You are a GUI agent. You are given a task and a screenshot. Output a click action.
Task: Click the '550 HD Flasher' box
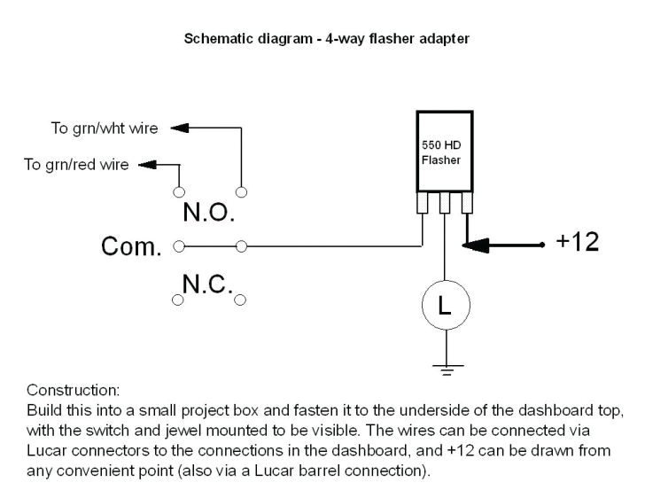pos(444,153)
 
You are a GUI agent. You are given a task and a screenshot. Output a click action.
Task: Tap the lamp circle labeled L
pos(445,306)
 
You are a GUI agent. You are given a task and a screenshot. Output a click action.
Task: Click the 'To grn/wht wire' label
pos(104,128)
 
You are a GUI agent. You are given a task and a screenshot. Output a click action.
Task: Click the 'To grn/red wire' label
pos(76,165)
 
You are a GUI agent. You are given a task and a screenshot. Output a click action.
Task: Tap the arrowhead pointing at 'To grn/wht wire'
pos(180,128)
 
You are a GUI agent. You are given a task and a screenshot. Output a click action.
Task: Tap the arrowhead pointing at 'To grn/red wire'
pos(147,165)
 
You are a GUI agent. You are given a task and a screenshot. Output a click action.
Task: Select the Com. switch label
pos(132,247)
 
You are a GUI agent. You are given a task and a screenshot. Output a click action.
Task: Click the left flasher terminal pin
pos(424,205)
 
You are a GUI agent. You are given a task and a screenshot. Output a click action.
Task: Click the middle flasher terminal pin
pos(445,205)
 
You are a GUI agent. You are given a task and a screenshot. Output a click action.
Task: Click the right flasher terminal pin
pos(465,205)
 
